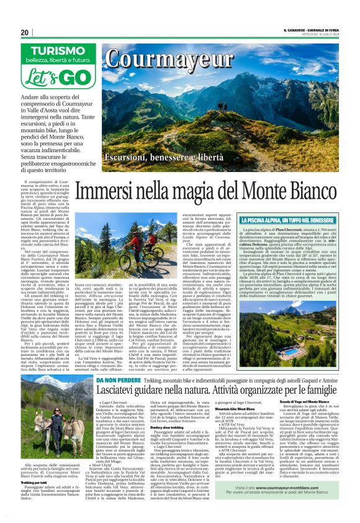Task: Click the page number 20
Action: tap(25, 32)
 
